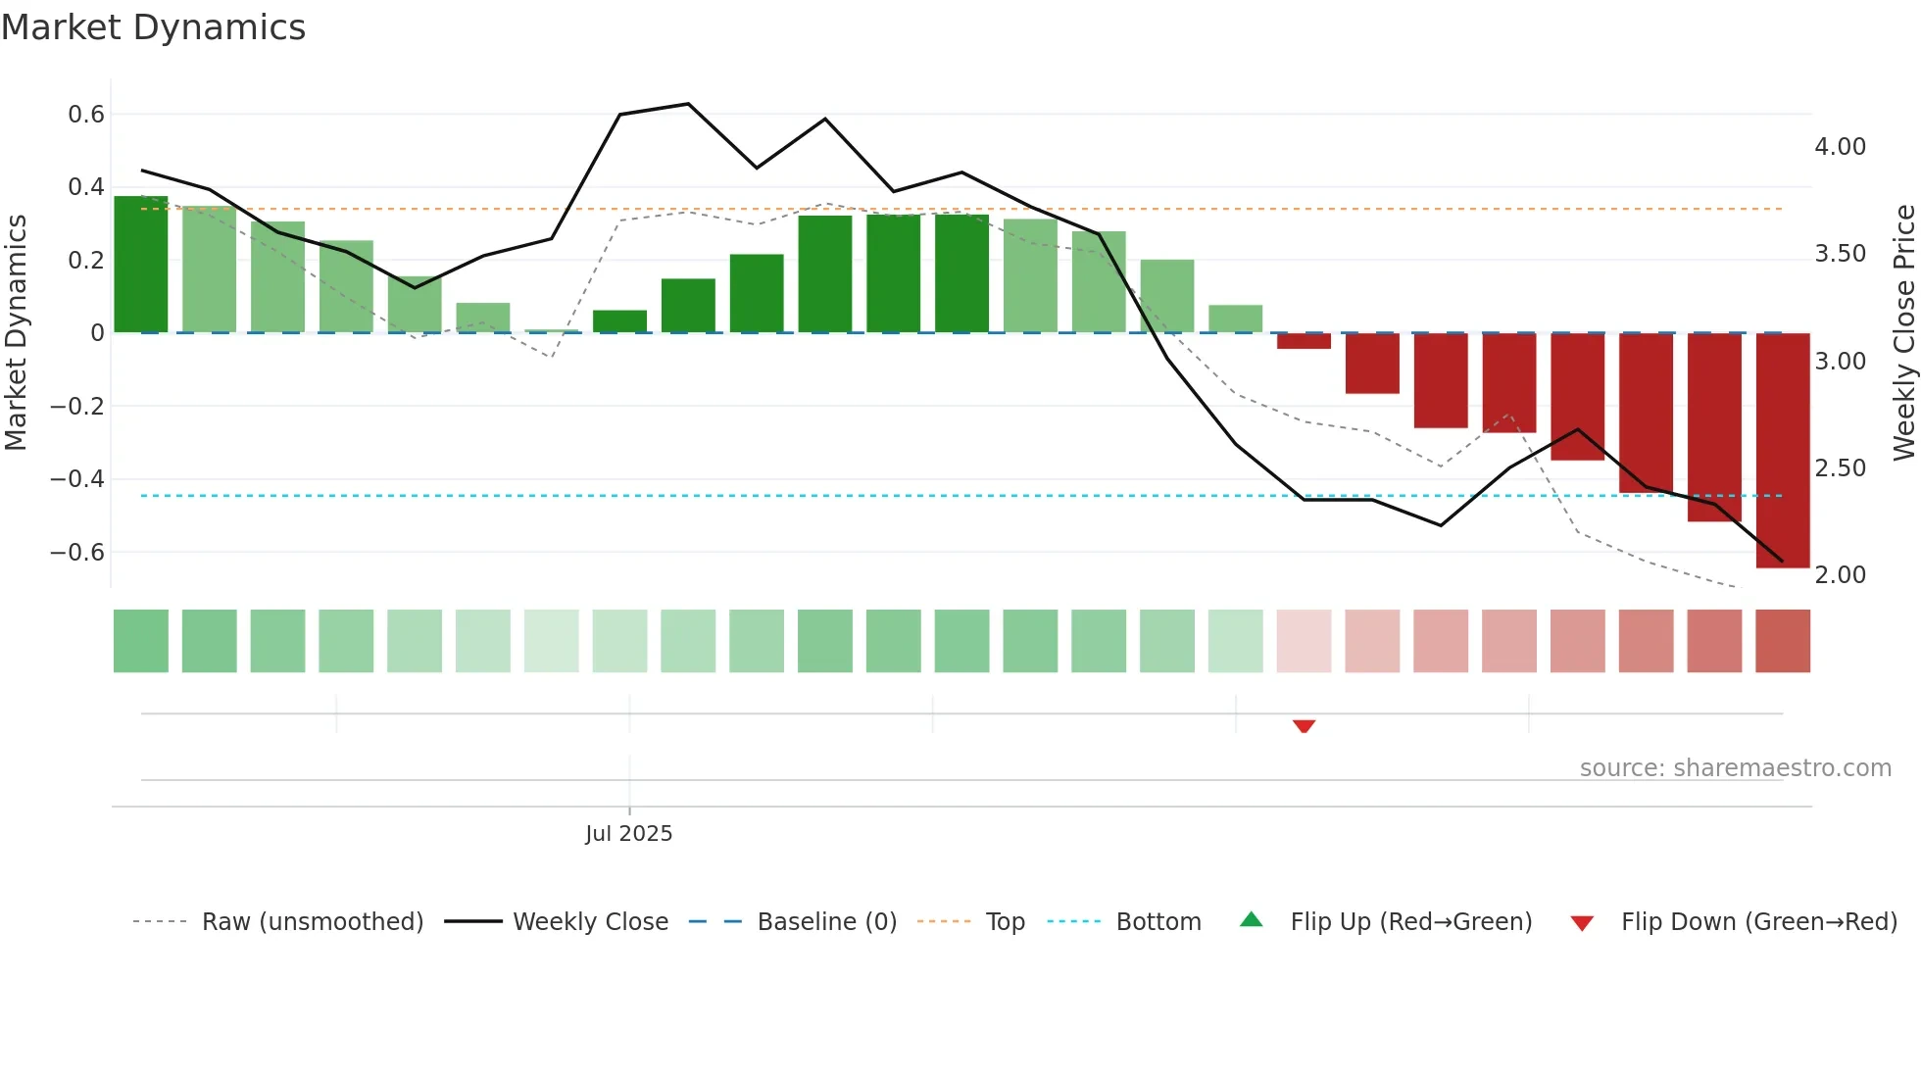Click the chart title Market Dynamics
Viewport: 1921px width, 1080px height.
coord(153,27)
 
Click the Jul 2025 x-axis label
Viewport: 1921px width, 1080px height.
coord(628,834)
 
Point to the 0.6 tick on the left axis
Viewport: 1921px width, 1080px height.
coord(86,115)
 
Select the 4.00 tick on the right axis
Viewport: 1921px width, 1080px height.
coord(1840,147)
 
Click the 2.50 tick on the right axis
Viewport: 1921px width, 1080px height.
coord(1840,468)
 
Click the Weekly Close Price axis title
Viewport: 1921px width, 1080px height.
coord(1903,332)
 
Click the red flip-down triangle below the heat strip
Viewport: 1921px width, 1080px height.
coord(1304,726)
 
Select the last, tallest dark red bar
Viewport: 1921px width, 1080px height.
coord(1782,451)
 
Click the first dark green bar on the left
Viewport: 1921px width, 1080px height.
coord(141,265)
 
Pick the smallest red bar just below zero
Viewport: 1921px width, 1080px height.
coord(1304,341)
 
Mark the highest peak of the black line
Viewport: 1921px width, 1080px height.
coord(688,104)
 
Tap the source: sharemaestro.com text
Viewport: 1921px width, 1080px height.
coord(1735,768)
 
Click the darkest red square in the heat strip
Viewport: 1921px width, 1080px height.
coord(1782,641)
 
